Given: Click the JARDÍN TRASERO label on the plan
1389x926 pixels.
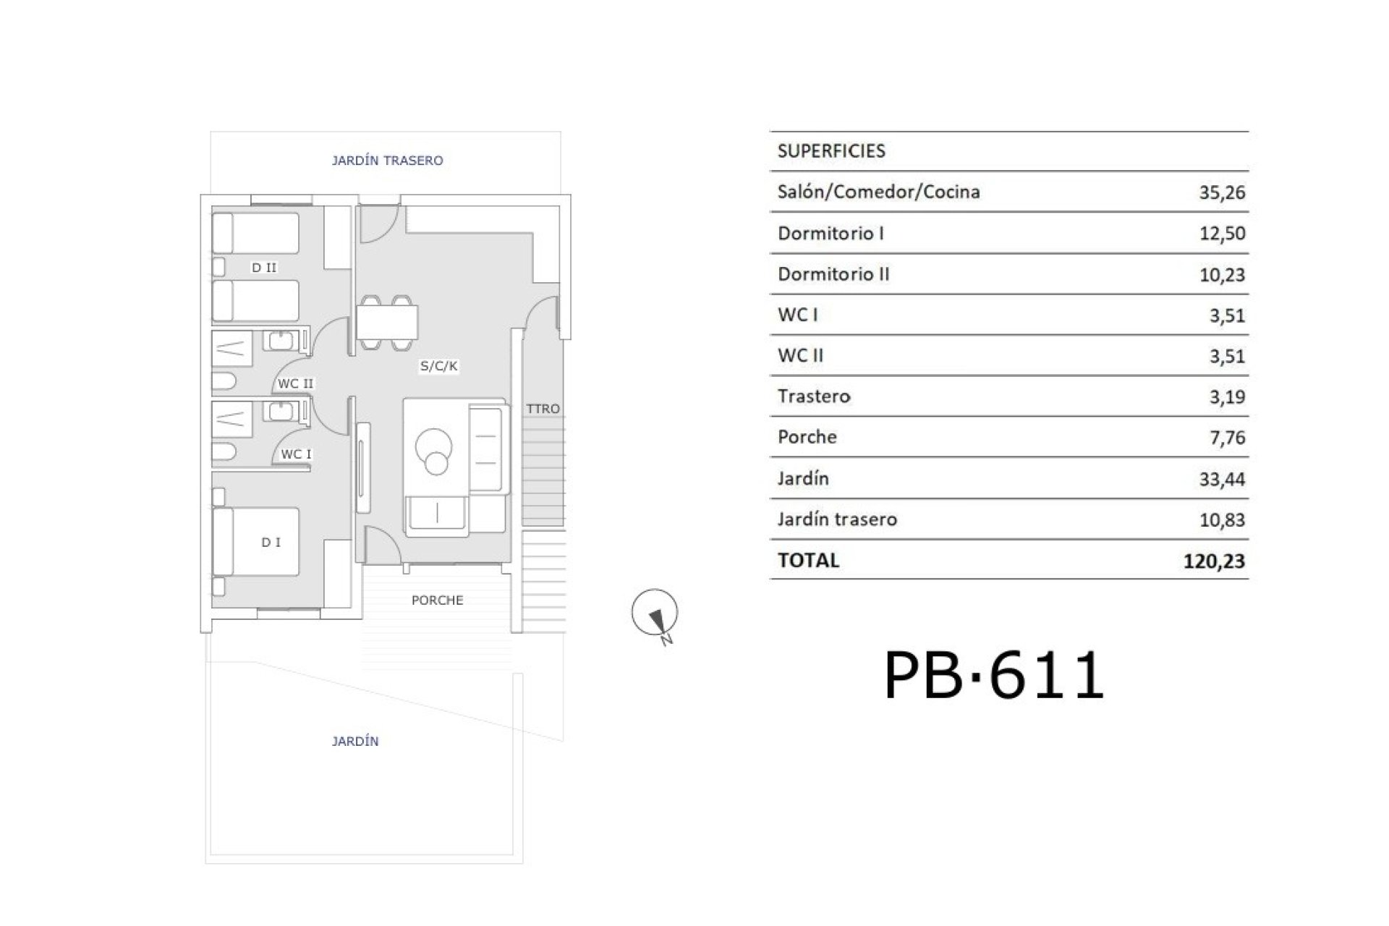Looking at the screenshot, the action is click(387, 161).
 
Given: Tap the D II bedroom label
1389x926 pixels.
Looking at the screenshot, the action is click(264, 268).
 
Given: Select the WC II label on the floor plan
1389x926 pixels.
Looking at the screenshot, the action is click(296, 383).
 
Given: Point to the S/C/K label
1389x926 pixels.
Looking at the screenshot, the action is click(439, 366).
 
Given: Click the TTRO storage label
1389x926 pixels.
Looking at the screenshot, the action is click(543, 409).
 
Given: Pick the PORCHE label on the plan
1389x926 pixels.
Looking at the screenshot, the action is click(437, 600).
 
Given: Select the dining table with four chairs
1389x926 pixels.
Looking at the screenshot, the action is click(387, 323).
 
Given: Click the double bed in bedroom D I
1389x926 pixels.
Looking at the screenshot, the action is click(256, 541).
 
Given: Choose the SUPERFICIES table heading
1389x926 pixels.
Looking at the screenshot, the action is click(831, 151).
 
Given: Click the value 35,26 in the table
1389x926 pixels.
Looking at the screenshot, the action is click(1222, 192).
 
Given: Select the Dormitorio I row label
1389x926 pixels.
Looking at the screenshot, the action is click(831, 233).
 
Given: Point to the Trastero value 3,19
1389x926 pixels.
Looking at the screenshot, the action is click(1227, 396).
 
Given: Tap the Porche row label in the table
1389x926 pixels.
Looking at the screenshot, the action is click(807, 437).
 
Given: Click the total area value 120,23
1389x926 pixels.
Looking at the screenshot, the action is click(1214, 561).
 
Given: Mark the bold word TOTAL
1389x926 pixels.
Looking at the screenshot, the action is click(808, 560).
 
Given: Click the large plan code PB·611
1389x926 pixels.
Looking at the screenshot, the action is click(994, 674).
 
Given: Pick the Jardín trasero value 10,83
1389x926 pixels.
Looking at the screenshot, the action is click(1222, 519).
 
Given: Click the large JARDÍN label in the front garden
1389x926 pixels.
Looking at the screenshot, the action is click(355, 741).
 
